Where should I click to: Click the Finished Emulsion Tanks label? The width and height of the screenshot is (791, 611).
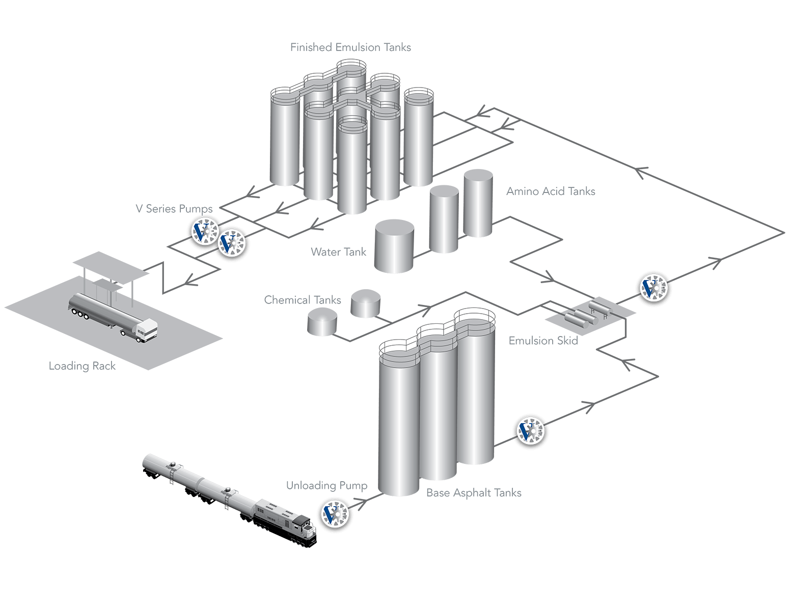(x=350, y=48)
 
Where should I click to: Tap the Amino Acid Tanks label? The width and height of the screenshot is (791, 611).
(x=551, y=191)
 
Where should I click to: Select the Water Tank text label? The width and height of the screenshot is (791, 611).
(x=338, y=252)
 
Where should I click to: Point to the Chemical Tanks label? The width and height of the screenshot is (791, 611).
(x=302, y=300)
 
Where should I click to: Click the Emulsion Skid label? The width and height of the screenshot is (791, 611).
(x=543, y=341)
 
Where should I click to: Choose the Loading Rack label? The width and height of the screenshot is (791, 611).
(x=82, y=366)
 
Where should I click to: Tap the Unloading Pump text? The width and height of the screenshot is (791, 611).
(x=326, y=486)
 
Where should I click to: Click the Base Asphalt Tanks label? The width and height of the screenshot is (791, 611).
(x=474, y=493)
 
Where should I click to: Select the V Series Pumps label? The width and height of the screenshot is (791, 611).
(x=174, y=209)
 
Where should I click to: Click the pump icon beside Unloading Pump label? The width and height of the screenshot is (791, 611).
(x=337, y=514)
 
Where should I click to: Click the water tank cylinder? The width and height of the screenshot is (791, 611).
(x=394, y=246)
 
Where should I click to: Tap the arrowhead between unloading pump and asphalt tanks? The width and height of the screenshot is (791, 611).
(x=363, y=504)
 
